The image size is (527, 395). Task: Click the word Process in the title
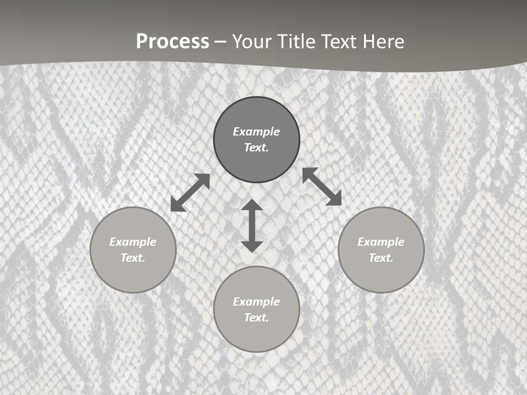coord(172,42)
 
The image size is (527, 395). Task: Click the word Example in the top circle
coord(256,132)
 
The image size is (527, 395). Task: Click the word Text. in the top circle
coord(256,148)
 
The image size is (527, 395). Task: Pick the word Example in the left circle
coord(133,242)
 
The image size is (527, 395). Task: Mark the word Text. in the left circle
coord(133,258)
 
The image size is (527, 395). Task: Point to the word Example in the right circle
coord(381,242)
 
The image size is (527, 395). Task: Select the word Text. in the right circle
coord(381,258)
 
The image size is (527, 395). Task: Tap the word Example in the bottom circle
coord(256,302)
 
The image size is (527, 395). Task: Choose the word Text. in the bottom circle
coord(256,318)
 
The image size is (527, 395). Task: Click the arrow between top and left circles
coord(190,193)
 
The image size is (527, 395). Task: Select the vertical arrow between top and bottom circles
coord(252,225)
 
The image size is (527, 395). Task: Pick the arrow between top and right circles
coord(322,187)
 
